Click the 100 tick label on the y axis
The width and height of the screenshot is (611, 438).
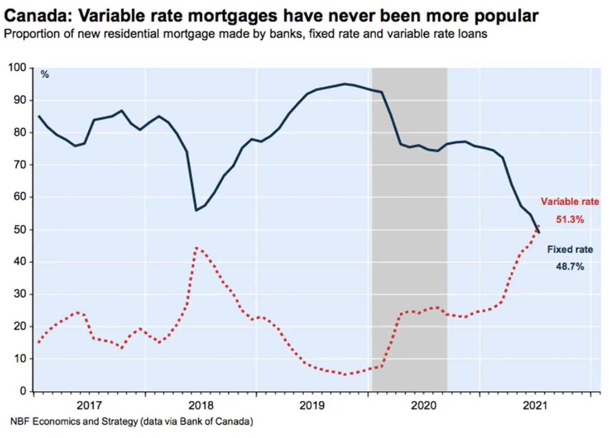(x=18, y=68)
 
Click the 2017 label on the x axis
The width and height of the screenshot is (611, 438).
(x=89, y=405)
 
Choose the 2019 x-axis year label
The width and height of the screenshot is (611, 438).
(x=312, y=405)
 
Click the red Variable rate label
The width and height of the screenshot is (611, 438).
(x=570, y=202)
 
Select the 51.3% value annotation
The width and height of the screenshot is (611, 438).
(x=570, y=220)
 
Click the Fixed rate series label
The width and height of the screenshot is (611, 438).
(x=570, y=250)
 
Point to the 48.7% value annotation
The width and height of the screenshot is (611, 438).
(x=570, y=267)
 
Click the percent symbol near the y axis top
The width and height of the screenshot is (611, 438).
(x=45, y=75)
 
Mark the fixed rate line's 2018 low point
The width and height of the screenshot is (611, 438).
(x=195, y=210)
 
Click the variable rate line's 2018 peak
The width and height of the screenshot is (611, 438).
(x=197, y=248)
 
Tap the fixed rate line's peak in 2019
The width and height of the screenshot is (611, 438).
(x=344, y=84)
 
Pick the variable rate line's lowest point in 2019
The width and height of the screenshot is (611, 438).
(x=344, y=375)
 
